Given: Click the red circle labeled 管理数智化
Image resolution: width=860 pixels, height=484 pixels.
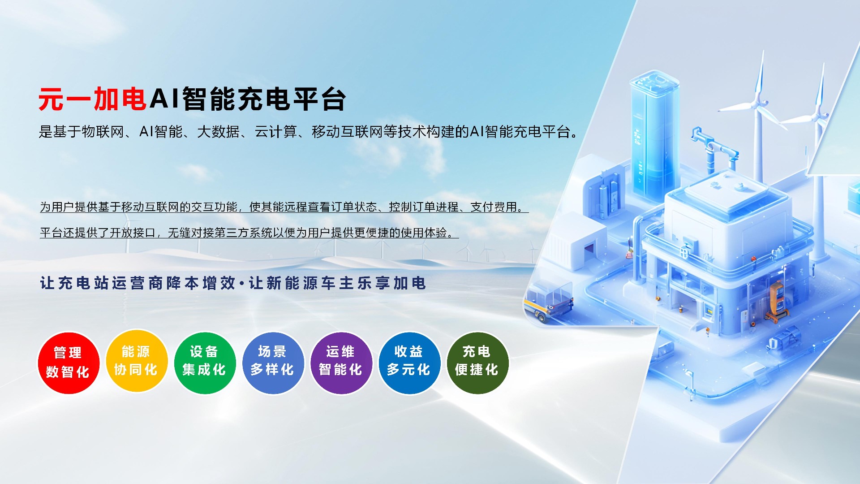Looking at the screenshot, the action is pyautogui.click(x=68, y=363).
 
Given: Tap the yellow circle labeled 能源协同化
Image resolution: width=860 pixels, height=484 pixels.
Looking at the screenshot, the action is pyautogui.click(x=136, y=361).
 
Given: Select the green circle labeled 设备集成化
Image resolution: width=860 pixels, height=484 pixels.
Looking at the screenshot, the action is pyautogui.click(x=205, y=363).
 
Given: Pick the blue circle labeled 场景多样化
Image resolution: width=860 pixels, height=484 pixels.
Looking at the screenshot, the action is pyautogui.click(x=273, y=363).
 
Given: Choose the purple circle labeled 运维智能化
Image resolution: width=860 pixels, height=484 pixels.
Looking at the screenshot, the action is pyautogui.click(x=341, y=363).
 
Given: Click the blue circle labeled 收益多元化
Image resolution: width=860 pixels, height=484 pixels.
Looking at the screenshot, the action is pyautogui.click(x=409, y=363).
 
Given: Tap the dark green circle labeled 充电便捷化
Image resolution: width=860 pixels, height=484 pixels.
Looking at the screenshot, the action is pyautogui.click(x=477, y=363).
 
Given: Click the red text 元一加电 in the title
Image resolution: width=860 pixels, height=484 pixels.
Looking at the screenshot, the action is pyautogui.click(x=93, y=99).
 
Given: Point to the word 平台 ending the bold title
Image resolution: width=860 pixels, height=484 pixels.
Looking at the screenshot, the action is pyautogui.click(x=319, y=99).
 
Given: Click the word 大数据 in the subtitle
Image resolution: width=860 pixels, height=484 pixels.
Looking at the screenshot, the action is pyautogui.click(x=218, y=132).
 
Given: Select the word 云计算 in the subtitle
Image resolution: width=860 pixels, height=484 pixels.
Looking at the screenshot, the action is pyautogui.click(x=275, y=132).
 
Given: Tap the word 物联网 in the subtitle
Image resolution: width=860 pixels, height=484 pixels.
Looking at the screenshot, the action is pyautogui.click(x=103, y=132).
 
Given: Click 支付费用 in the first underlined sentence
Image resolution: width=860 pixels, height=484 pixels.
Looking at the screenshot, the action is pyautogui.click(x=494, y=207).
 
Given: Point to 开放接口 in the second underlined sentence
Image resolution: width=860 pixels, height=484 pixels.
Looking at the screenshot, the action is pyautogui.click(x=133, y=233).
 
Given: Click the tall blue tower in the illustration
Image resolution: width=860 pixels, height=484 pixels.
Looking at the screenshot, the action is pyautogui.click(x=654, y=134).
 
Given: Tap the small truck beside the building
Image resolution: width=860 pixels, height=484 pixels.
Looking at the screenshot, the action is pyautogui.click(x=549, y=301).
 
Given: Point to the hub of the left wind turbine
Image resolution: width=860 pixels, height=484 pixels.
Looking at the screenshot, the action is pyautogui.click(x=757, y=104).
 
